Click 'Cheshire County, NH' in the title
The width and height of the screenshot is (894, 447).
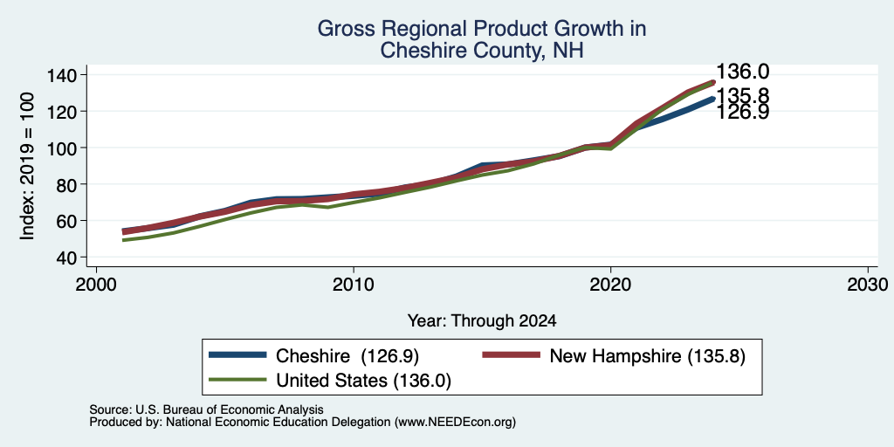482,50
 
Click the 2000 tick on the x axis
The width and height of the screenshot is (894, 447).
96,285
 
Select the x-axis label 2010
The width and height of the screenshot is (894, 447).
354,285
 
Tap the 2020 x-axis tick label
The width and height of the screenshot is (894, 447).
610,285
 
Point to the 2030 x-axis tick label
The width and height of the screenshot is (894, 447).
867,285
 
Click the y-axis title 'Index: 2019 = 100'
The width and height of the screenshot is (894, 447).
27,166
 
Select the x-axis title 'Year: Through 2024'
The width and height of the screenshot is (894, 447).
482,321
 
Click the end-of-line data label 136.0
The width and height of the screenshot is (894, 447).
742,72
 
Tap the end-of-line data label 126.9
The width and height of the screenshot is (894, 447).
742,113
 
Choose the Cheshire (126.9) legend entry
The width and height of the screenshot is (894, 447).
314,356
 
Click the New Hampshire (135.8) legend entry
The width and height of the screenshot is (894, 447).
614,356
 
